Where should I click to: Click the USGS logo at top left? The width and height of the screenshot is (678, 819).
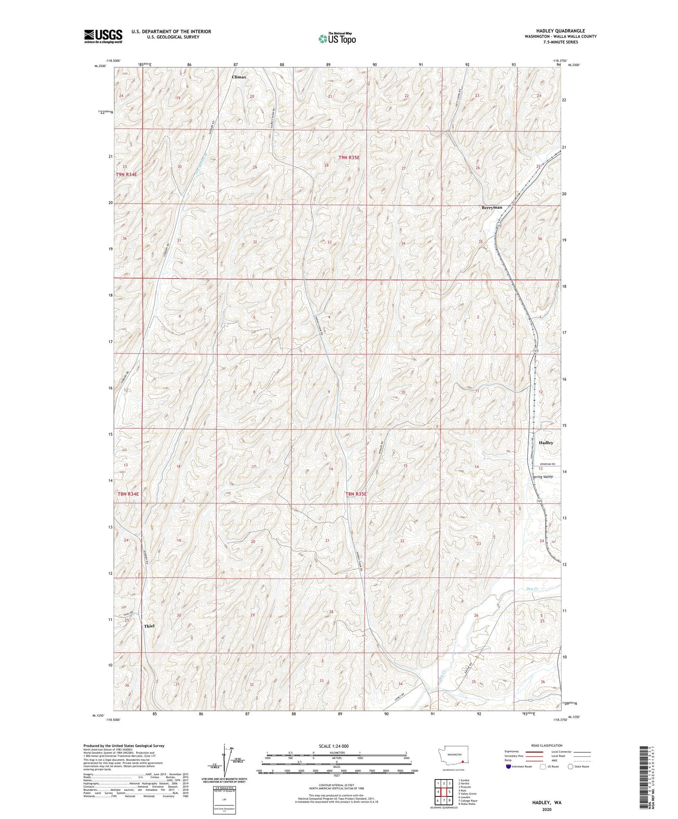click(103, 36)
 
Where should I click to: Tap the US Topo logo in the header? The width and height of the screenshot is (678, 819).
click(336, 38)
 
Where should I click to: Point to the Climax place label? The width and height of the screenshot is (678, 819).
click(239, 76)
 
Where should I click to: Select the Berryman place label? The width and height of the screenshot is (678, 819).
click(491, 207)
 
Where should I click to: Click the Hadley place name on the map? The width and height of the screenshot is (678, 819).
click(546, 443)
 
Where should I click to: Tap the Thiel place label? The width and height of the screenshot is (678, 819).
click(149, 626)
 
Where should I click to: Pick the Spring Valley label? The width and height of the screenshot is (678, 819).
click(542, 477)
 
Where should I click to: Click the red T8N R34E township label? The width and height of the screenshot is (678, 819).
click(128, 494)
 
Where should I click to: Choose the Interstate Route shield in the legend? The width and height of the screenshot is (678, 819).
click(508, 766)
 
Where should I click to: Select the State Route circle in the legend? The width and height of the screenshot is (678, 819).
click(571, 766)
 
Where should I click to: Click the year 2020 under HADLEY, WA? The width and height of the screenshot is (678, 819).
click(547, 809)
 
